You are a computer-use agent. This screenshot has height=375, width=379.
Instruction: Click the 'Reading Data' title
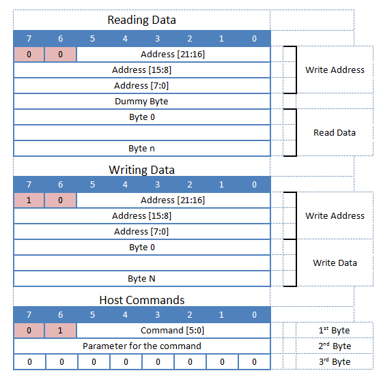(x=142, y=20)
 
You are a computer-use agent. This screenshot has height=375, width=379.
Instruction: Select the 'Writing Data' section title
(x=142, y=170)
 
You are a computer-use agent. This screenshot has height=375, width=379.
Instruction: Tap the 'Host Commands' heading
(x=142, y=300)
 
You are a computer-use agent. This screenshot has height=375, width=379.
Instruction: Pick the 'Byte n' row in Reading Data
(x=142, y=149)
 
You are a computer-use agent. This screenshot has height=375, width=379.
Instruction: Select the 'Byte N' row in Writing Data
(x=142, y=279)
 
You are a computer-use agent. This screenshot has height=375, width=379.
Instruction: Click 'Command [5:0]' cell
(x=172, y=331)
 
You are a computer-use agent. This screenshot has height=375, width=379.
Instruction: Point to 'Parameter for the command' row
(x=142, y=346)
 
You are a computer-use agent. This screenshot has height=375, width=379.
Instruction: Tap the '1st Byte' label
(x=335, y=331)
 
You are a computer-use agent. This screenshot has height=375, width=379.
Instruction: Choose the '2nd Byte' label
(x=335, y=346)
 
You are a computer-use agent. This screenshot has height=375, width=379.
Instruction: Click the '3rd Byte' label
(x=335, y=362)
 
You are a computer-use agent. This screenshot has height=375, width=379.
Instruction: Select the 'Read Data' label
(x=334, y=133)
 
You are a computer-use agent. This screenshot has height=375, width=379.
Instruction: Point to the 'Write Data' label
(x=334, y=263)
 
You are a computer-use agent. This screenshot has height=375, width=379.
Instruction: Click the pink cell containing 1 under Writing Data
(x=29, y=200)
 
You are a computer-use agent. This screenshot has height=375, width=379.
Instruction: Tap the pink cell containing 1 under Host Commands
(x=61, y=331)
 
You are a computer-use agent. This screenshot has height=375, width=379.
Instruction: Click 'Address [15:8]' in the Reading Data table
(x=141, y=70)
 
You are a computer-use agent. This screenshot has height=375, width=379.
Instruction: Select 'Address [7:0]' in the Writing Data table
(x=141, y=232)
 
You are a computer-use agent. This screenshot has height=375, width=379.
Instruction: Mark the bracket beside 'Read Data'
(x=292, y=133)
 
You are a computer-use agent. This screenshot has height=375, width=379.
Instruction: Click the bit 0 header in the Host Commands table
(x=254, y=315)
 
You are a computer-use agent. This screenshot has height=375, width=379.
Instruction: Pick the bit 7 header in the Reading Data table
(x=29, y=39)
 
